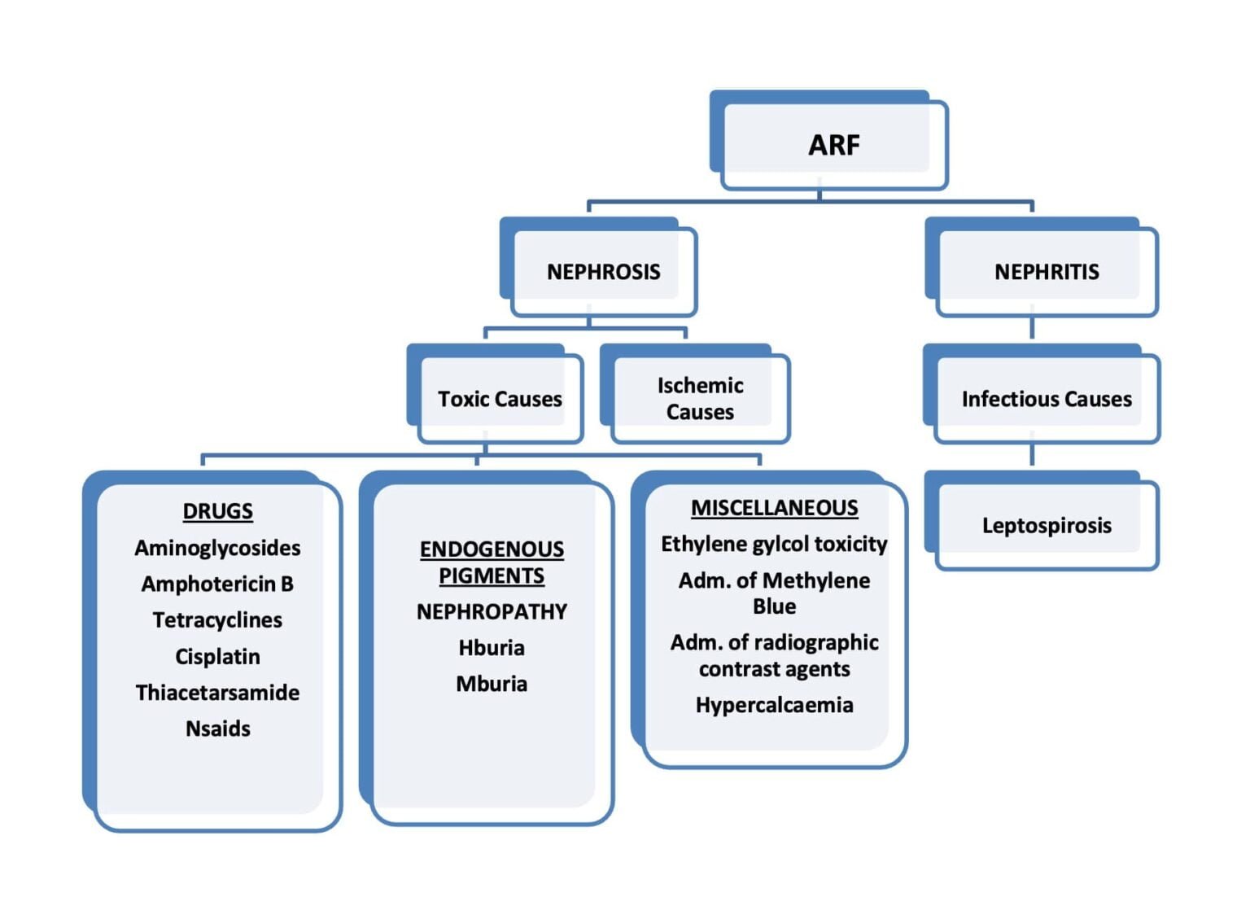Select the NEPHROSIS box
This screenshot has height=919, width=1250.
(x=598, y=267)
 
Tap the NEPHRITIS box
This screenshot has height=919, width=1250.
(x=1042, y=267)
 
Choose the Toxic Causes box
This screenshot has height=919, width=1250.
(x=495, y=394)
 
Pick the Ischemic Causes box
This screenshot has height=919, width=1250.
(x=695, y=394)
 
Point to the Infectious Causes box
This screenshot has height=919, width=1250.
(x=1042, y=394)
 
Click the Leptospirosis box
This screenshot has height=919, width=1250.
(x=1042, y=520)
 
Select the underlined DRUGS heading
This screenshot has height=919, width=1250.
(x=217, y=511)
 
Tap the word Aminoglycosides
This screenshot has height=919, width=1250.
(x=217, y=549)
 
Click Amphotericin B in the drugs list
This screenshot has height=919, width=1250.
(x=217, y=584)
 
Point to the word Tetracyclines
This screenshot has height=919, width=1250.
(x=217, y=620)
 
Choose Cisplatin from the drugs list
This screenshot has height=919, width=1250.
(x=217, y=657)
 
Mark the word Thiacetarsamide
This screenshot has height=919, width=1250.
(x=217, y=693)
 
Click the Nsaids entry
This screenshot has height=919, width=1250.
(x=217, y=729)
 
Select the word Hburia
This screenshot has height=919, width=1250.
(x=492, y=648)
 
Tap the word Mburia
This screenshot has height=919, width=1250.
(x=492, y=684)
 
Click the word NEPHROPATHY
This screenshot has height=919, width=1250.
(x=492, y=612)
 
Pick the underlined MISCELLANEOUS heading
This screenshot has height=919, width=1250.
(x=775, y=508)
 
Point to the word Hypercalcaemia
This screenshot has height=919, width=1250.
(x=775, y=705)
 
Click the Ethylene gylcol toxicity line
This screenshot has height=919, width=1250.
(x=775, y=545)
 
